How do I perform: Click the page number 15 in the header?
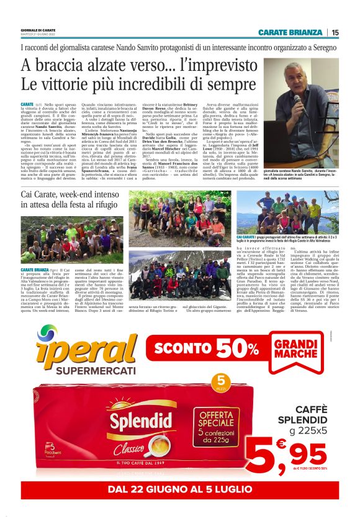point(335,32)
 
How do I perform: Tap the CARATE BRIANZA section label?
point(290,32)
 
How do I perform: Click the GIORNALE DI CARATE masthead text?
point(38,30)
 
